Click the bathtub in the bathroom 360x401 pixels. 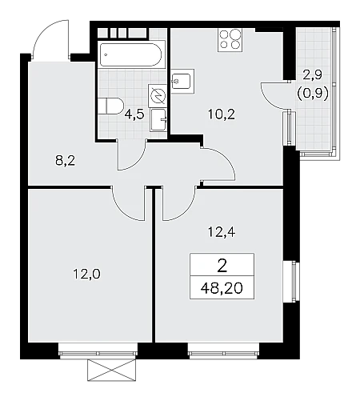pyautogui.click(x=130, y=54)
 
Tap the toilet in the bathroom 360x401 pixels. pyautogui.click(x=110, y=106)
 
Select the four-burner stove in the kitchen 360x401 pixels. pyautogui.click(x=230, y=40)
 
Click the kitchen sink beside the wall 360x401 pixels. pyautogui.click(x=182, y=81)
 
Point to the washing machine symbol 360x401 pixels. pyautogui.click(x=158, y=95)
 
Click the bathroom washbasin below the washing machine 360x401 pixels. pyautogui.click(x=158, y=120)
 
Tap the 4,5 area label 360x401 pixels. pyautogui.click(x=134, y=114)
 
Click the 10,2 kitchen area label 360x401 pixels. pyautogui.click(x=222, y=114)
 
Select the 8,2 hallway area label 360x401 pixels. pyautogui.click(x=65, y=161)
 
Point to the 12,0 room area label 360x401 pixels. pyautogui.click(x=86, y=274)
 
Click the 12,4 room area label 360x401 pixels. pyautogui.click(x=222, y=233)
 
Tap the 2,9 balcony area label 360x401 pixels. pyautogui.click(x=312, y=75)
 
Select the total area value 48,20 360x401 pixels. pyautogui.click(x=222, y=288)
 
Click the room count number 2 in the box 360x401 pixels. pyautogui.click(x=222, y=267)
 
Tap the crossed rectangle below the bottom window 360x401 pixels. pyautogui.click(x=112, y=370)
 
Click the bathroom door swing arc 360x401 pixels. pyautogui.click(x=138, y=161)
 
